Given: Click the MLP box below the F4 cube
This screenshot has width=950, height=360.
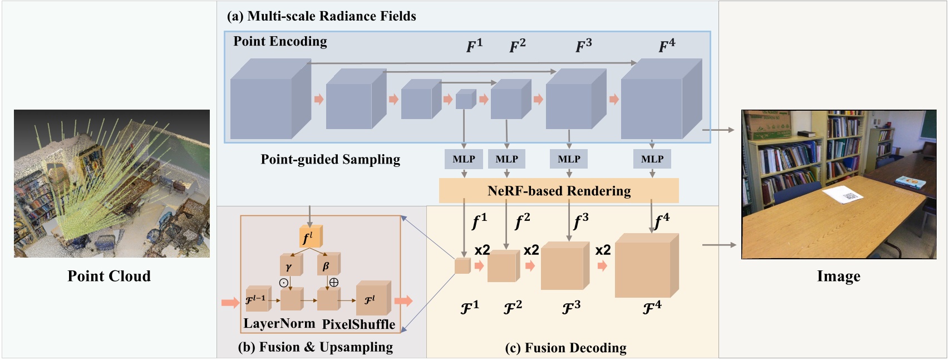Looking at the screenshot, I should tap(652, 159).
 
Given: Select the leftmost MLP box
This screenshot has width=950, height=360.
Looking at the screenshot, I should tap(464, 159).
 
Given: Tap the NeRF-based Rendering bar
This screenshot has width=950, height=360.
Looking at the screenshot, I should tap(559, 191).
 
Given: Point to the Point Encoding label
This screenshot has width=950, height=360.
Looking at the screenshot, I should tap(280, 41).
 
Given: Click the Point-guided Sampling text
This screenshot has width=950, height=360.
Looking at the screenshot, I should tap(330, 160).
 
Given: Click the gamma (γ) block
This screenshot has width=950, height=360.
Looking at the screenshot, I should tap(290, 267).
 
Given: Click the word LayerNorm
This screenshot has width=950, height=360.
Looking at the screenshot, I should tap(279, 324).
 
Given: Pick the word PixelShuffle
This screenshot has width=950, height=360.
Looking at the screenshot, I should tap(358, 324).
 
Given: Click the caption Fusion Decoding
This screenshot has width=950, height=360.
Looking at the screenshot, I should tap(565, 348).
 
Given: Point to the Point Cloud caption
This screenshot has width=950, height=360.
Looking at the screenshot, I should tap(109, 276).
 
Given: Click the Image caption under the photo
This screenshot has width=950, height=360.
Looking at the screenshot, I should tap(838, 276).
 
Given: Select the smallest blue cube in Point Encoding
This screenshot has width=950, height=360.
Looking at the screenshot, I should tap(465, 100).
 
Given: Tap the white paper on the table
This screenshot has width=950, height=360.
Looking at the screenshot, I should tap(843, 195).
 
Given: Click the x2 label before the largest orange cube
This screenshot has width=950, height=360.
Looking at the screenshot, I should tap(603, 250).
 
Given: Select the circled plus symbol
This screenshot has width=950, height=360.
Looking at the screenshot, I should tap(334, 282).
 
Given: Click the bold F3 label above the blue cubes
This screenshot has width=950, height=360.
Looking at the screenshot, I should tap(583, 45).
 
